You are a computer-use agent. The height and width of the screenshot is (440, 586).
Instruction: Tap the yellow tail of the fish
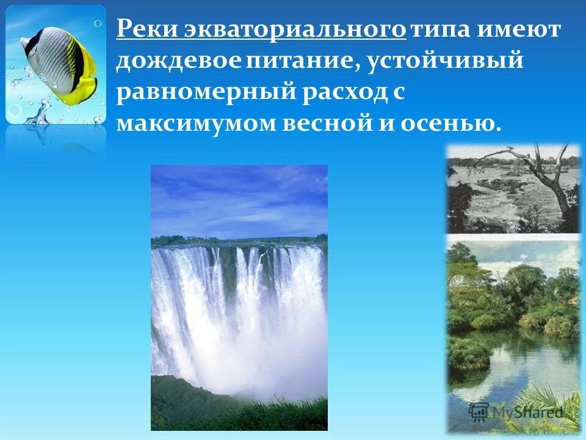pyautogui.click(x=85, y=73)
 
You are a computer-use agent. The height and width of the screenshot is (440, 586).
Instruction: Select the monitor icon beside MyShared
pyautogui.click(x=479, y=411)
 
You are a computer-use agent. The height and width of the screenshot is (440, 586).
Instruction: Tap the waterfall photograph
pyautogui.click(x=239, y=298)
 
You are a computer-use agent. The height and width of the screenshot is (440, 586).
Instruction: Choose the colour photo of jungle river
pyautogui.click(x=513, y=330)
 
